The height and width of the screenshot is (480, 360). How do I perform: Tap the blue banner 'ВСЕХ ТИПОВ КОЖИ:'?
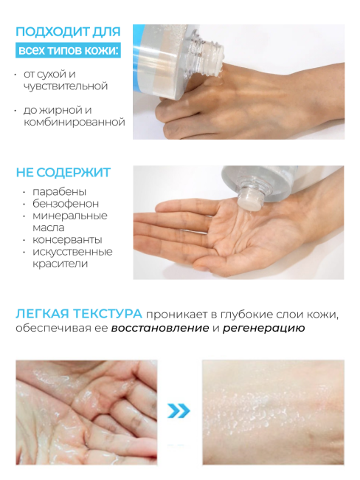[x=66, y=50]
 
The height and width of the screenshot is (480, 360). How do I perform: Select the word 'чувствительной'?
[x=66, y=86]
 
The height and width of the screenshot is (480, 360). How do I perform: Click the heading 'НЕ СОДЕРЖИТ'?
[x=63, y=173]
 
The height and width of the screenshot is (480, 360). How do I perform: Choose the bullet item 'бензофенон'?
[x=64, y=204]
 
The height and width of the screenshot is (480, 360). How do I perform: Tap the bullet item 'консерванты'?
[x=66, y=240]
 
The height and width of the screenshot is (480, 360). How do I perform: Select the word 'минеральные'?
[x=69, y=216]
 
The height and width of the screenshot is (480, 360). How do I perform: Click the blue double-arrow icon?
[x=179, y=411]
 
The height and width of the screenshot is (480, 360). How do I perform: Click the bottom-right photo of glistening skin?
[x=273, y=411]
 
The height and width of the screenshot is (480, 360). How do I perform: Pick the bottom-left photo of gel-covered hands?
[x=87, y=411]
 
